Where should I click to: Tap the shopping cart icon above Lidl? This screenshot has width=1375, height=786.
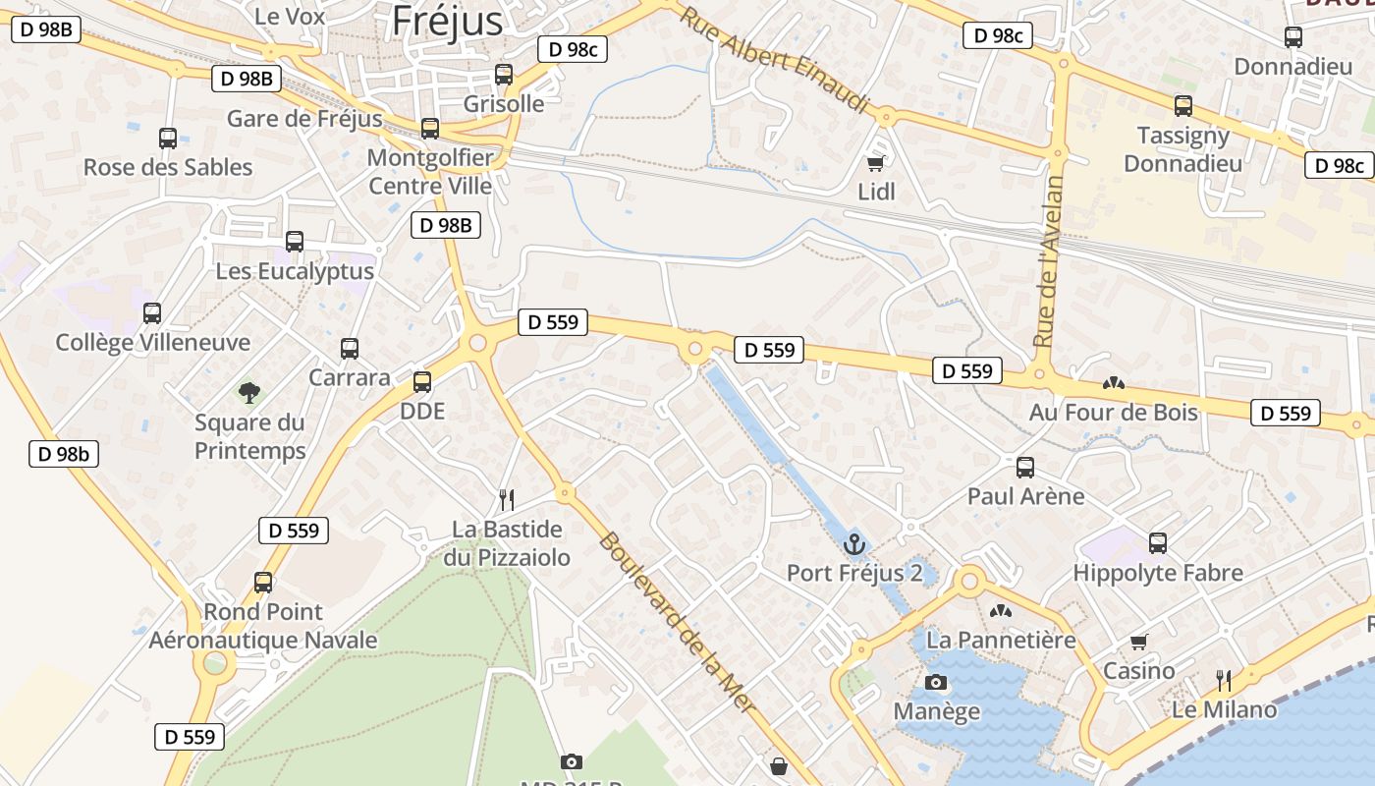[x=875, y=163]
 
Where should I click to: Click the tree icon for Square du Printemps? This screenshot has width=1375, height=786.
[x=249, y=393]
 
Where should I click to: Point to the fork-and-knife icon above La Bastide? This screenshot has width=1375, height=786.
[x=507, y=500]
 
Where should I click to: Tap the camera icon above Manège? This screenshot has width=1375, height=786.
[x=936, y=682]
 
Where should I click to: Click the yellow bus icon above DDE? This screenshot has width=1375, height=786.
[x=422, y=382]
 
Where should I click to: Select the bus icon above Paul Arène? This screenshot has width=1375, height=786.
[x=1025, y=467]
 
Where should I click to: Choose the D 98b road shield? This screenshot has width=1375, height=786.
[x=64, y=454]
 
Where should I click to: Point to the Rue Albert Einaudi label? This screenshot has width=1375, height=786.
[x=775, y=59]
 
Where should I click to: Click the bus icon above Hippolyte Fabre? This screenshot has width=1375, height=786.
[x=1158, y=542]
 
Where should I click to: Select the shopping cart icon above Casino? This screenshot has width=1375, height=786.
[x=1139, y=642]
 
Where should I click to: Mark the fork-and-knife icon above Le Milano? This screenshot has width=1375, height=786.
[x=1224, y=680]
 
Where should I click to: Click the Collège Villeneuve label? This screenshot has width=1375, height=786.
[x=153, y=343]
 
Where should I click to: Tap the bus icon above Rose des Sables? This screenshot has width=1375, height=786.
[x=168, y=138]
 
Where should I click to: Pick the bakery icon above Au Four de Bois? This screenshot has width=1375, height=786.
[x=1113, y=383]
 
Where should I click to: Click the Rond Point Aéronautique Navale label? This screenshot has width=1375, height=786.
[x=262, y=626]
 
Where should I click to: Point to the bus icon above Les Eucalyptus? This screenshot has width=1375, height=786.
[x=295, y=241]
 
